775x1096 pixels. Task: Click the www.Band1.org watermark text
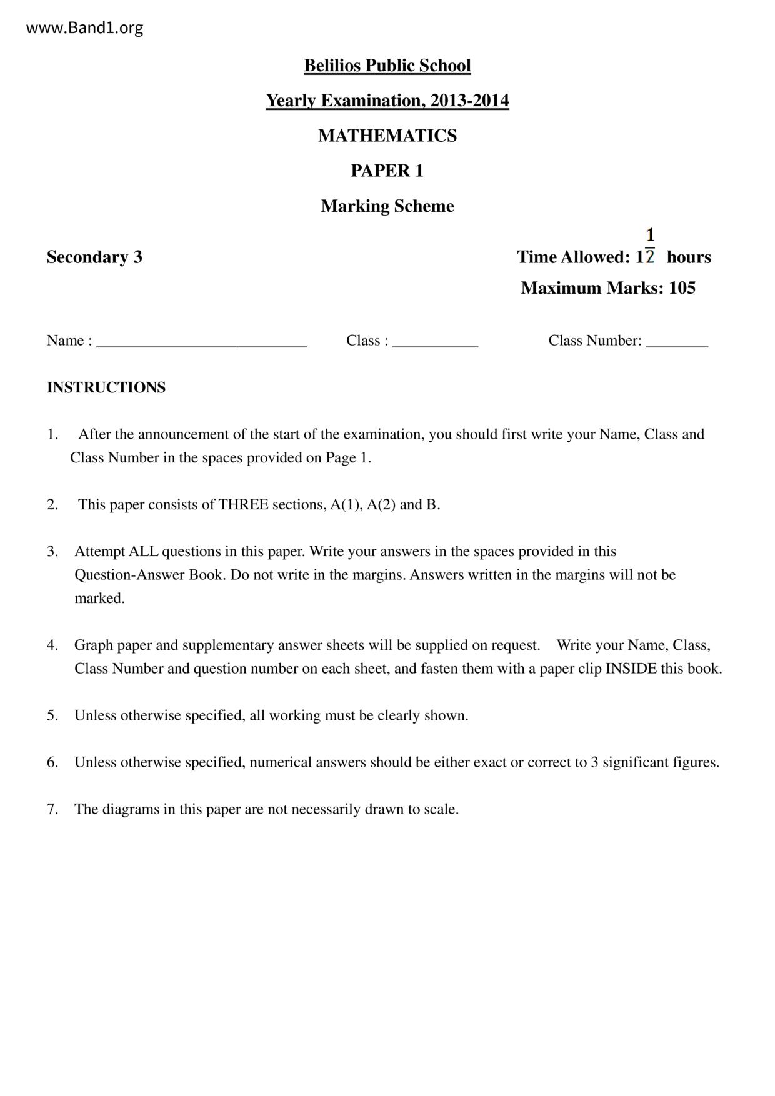coord(84,28)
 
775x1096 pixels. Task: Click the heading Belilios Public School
coord(387,66)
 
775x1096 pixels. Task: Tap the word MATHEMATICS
coord(387,136)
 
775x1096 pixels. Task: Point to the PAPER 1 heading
coord(387,171)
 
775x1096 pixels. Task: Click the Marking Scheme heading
coord(387,206)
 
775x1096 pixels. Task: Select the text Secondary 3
coord(94,257)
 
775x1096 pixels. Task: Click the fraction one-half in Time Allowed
coord(650,246)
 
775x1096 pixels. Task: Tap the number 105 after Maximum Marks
coord(682,288)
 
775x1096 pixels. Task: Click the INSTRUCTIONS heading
coord(106,387)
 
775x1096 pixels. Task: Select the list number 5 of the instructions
coord(52,715)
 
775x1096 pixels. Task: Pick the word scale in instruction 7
coord(441,809)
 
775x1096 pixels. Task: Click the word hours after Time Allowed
coord(689,257)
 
